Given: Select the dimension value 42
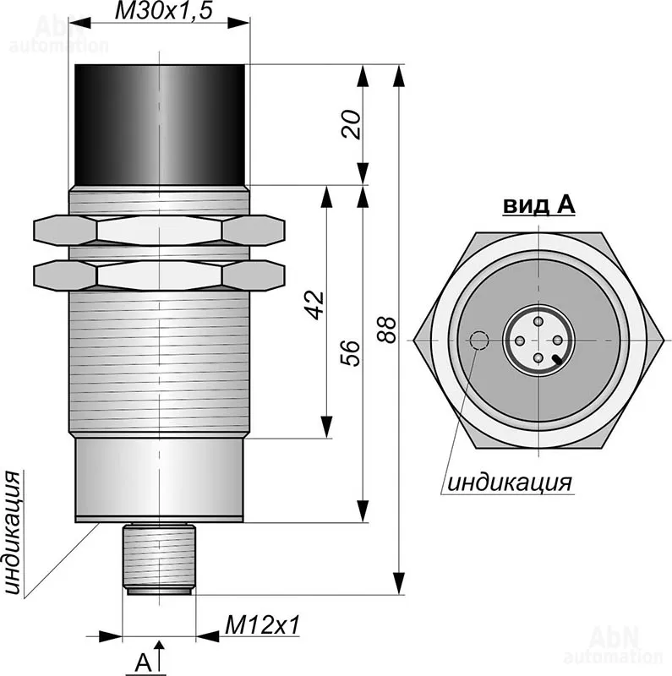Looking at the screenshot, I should tap(314, 304).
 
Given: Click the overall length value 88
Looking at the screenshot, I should tap(386, 330).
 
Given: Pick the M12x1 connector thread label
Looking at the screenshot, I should tap(263, 625).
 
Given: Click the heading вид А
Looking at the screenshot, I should tap(538, 204).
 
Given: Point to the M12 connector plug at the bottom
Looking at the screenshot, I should tap(160, 558).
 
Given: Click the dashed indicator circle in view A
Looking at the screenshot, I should tap(479, 340).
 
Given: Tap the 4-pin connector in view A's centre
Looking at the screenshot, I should tap(538, 341).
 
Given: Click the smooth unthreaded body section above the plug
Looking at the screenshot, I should tap(160, 478).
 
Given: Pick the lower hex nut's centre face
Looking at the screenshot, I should tap(160, 274).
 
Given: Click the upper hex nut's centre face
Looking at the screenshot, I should tap(160, 228).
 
